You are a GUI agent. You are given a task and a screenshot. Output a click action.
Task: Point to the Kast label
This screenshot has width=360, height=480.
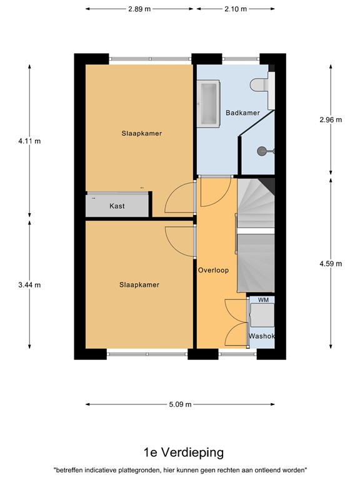click(x=117, y=206)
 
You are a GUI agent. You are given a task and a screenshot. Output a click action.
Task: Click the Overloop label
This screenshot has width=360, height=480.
click(x=213, y=271)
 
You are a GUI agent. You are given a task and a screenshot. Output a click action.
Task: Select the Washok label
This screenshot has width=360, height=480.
click(x=262, y=336)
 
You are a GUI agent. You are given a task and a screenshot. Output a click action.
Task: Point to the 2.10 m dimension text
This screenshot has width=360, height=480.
click(x=235, y=9)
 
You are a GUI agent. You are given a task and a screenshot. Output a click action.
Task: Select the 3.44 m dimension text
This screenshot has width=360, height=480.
click(x=29, y=285)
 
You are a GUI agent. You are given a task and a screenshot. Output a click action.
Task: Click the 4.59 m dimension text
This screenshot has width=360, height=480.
click(x=331, y=263)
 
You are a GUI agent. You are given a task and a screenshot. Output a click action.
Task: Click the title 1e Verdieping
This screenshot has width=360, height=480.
click(x=179, y=452)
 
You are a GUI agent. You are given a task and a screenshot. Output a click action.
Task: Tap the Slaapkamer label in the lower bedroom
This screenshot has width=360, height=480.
click(x=139, y=285)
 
